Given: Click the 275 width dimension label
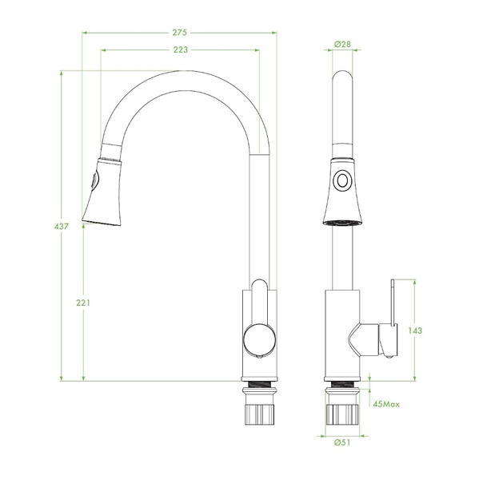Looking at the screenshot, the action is pyautogui.click(x=179, y=33).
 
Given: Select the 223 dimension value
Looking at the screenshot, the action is pyautogui.click(x=181, y=49).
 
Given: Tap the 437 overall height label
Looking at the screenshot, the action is pyautogui.click(x=62, y=227).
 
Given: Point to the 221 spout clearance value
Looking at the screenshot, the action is pyautogui.click(x=83, y=303).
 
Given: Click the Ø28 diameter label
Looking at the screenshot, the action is pyautogui.click(x=342, y=44).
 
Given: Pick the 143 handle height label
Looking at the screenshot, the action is pyautogui.click(x=415, y=331).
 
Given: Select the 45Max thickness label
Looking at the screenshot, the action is pyautogui.click(x=386, y=404).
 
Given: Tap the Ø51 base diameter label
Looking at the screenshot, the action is pyautogui.click(x=342, y=442).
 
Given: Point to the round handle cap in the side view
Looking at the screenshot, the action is pyautogui.click(x=260, y=339).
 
